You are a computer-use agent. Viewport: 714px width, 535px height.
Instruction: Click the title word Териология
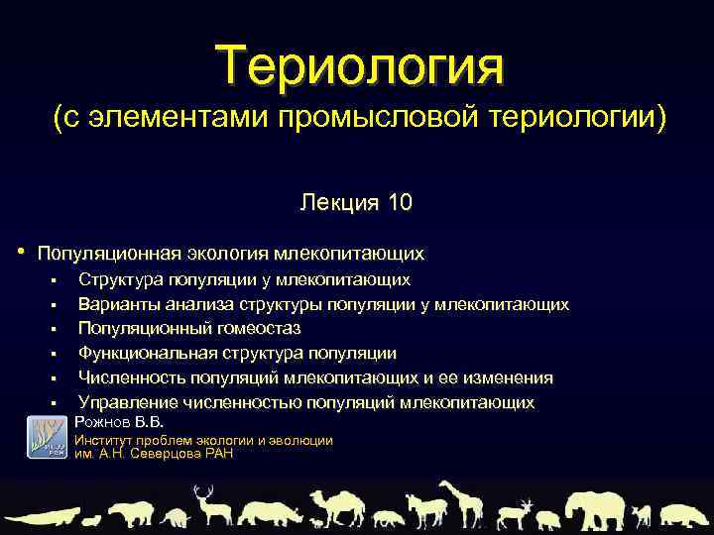pos(363,65)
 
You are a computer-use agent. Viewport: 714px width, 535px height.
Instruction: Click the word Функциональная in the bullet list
pos(142,353)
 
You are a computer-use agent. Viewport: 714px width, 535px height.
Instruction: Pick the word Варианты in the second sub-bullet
pos(114,303)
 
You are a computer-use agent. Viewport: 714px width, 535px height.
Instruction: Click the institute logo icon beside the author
pos(46,437)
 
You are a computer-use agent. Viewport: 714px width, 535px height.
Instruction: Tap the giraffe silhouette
pos(459,503)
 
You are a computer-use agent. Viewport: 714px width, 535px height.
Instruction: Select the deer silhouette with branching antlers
pos(207,505)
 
